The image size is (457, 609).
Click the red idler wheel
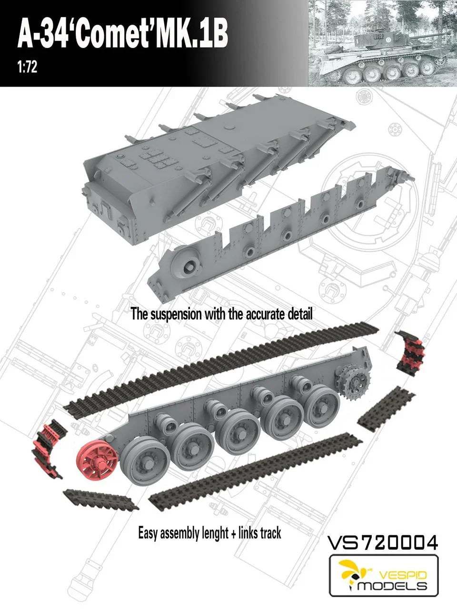(98, 456)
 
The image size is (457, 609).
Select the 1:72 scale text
(28, 68)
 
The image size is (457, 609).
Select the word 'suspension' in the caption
(173, 314)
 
